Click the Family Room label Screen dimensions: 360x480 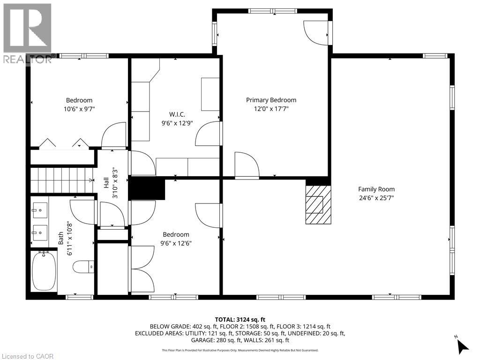point(376,189)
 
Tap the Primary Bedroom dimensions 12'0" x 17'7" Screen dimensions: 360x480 point(271,109)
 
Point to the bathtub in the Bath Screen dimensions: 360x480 point(44,271)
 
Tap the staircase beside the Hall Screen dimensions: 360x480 point(61,180)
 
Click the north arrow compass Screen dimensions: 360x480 point(462,345)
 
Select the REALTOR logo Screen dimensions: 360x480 point(27,33)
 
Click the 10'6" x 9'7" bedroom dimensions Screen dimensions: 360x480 point(79,109)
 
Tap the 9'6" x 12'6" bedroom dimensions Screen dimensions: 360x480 point(176,243)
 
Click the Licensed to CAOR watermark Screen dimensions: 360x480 point(27,356)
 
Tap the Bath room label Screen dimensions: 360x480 point(61,239)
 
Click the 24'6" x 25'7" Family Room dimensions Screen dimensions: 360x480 point(376,198)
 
